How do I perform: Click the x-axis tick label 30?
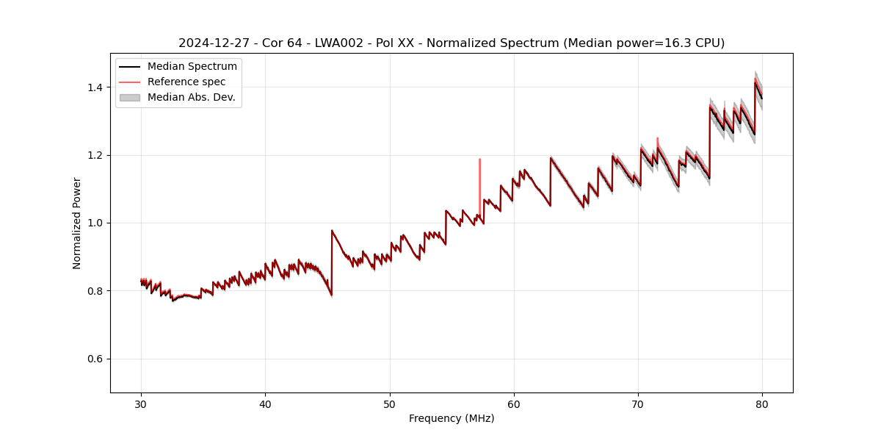tap(141, 404)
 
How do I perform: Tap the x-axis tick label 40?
tap(265, 404)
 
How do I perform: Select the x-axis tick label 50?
tap(390, 404)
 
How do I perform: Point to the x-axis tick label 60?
tap(514, 404)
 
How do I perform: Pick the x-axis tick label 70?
tap(638, 404)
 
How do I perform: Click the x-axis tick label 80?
tap(762, 404)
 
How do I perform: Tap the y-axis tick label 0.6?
tap(95, 359)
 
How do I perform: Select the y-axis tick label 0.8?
tap(95, 291)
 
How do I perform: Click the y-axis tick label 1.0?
tap(95, 223)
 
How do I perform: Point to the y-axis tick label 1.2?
tap(95, 155)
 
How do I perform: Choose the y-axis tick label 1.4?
tap(95, 87)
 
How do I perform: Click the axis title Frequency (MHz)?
tap(452, 418)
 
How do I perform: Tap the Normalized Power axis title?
tap(77, 223)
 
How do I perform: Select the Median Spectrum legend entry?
tap(192, 67)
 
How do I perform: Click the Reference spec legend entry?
tap(186, 82)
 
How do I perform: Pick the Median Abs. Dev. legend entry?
tap(191, 97)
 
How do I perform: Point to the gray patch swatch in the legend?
tap(130, 97)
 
